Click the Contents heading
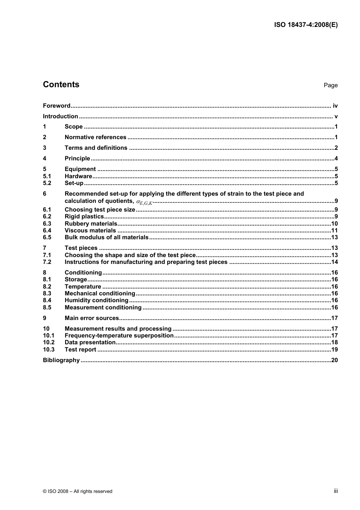tap(61, 85)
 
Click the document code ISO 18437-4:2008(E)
tap(306, 25)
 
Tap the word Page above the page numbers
tap(330, 85)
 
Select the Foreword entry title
tap(56, 106)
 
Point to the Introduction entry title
tap(60, 116)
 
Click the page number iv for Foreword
tap(335, 106)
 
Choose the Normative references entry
tap(95, 137)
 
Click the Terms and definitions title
tap(96, 148)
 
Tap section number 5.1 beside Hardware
tap(47, 176)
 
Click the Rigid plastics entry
tap(84, 217)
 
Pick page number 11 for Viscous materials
tap(334, 231)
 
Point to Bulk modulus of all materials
tap(106, 237)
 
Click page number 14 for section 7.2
tap(334, 262)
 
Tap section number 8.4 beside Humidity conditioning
tap(47, 300)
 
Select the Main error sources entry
tap(92, 318)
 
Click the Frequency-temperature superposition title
tap(119, 336)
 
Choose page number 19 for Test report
tap(334, 350)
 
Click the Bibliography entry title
tap(61, 360)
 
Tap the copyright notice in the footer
tap(78, 491)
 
